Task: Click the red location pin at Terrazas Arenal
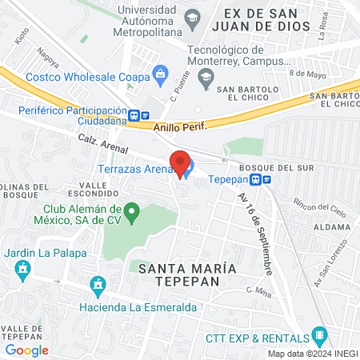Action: (x=180, y=163)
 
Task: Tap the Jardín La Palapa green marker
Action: (x=22, y=269)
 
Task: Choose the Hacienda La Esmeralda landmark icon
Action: (x=98, y=285)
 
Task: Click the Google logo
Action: (x=26, y=350)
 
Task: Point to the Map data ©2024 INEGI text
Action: (x=310, y=354)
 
